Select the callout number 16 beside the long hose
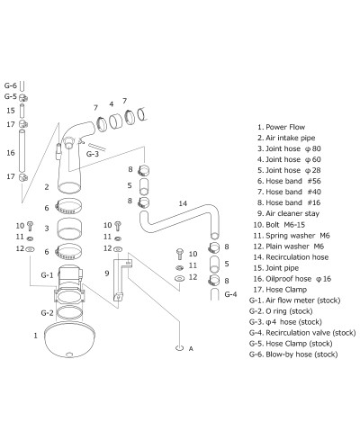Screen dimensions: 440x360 [11, 154]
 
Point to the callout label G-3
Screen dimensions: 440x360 [92, 154]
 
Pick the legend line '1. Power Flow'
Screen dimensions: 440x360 [283, 128]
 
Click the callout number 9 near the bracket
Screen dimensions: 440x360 [106, 273]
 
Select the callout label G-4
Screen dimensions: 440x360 [229, 294]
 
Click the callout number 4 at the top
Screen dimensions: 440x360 [110, 103]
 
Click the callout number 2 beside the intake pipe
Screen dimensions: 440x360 [46, 187]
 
